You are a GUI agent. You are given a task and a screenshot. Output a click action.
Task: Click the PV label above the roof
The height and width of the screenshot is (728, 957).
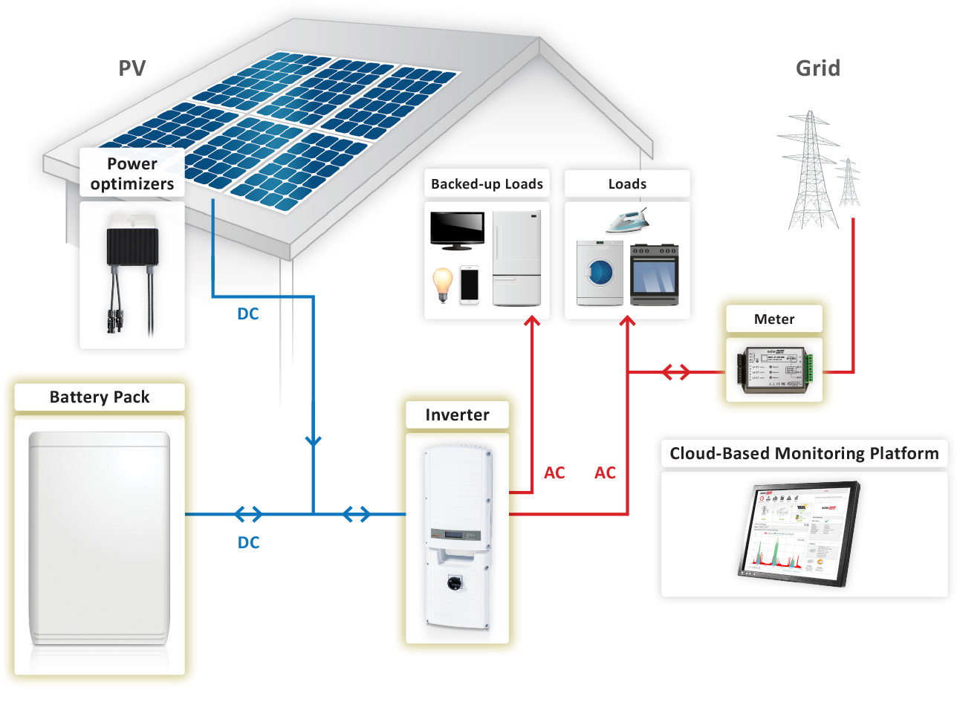(132, 68)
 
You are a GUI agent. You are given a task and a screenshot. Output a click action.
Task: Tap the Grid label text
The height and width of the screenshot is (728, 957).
(818, 68)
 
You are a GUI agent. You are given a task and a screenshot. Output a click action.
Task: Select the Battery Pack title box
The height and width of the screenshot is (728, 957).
(100, 397)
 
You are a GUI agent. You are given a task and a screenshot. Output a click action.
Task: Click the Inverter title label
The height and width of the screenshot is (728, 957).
(457, 415)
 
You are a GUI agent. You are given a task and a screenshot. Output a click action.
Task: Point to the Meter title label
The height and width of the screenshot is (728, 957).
(774, 319)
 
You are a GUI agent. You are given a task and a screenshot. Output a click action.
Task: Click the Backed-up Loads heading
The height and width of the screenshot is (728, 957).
(487, 184)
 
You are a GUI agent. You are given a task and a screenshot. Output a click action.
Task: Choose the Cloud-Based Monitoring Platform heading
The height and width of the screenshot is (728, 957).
(804, 454)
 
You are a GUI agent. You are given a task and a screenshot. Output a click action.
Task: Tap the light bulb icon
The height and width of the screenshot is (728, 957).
(443, 285)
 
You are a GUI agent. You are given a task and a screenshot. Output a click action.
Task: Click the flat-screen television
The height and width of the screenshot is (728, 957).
(458, 230)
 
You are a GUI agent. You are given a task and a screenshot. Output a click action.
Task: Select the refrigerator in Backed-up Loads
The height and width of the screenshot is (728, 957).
(517, 258)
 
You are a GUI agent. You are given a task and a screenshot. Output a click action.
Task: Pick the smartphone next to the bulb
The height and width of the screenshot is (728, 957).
(470, 285)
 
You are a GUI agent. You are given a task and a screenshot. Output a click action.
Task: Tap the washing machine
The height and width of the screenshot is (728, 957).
(600, 273)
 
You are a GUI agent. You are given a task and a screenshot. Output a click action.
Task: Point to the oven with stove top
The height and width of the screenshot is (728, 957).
(654, 275)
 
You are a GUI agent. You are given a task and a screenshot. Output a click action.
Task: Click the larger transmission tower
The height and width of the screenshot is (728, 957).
(810, 171)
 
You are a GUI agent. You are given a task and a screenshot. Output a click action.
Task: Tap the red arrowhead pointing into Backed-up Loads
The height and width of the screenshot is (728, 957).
(532, 322)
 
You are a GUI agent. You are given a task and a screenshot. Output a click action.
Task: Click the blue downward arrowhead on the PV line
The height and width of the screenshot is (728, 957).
(314, 441)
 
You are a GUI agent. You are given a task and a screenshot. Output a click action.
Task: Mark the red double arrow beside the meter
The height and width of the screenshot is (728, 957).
(676, 372)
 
